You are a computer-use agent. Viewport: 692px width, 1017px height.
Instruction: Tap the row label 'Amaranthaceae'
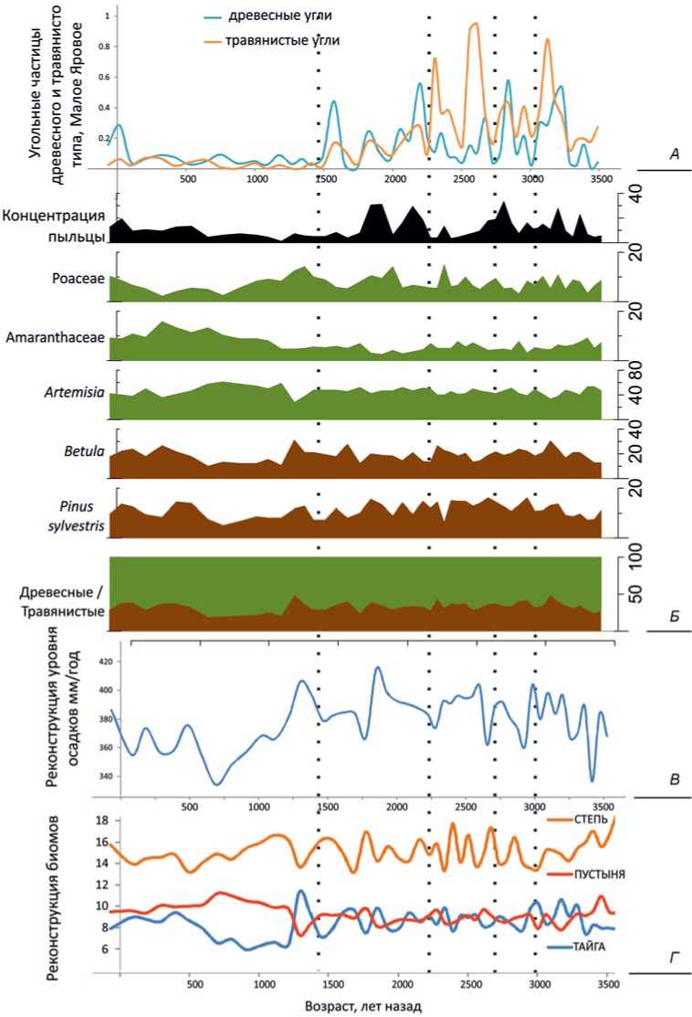coord(55,337)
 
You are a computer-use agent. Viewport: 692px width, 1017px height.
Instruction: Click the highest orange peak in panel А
coord(475,25)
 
